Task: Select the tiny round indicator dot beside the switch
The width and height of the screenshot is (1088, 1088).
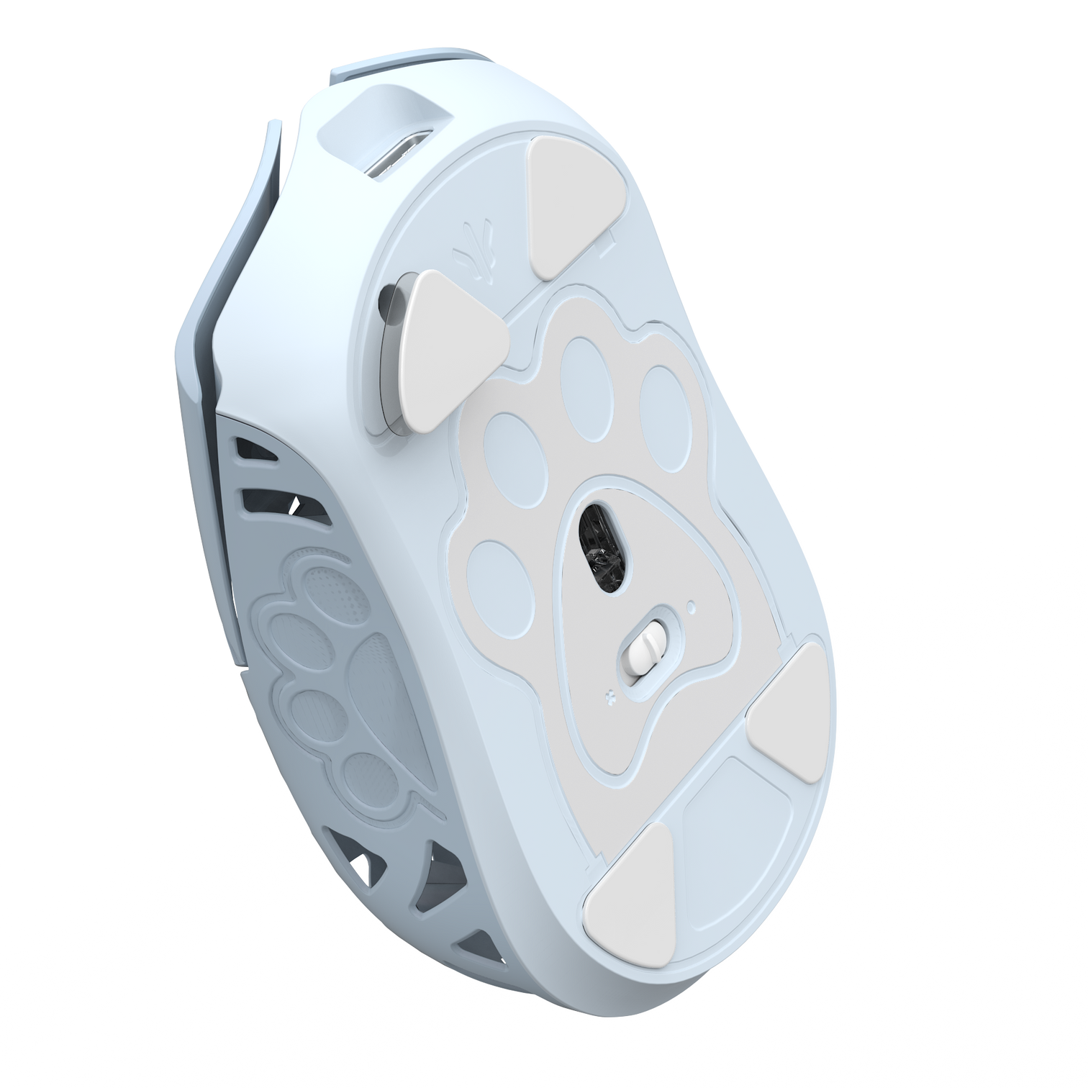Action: (692, 607)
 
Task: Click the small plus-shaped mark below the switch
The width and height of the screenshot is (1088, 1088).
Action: (611, 695)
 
